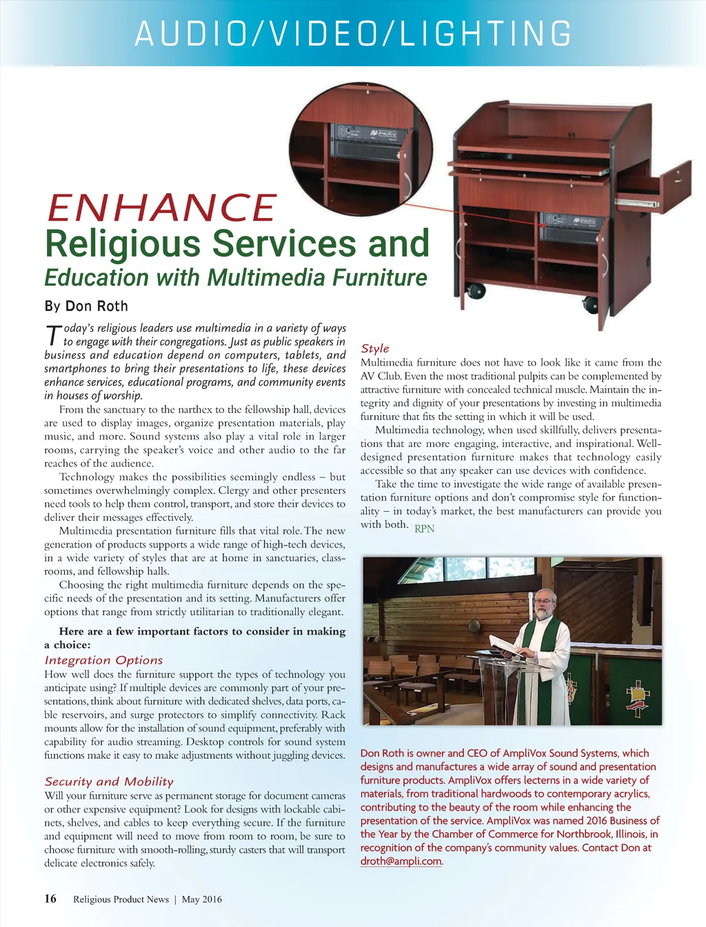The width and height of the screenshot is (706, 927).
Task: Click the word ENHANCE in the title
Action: point(161,208)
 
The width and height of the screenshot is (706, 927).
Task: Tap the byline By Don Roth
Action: point(86,306)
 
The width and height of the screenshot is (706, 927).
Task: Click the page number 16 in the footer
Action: point(50,898)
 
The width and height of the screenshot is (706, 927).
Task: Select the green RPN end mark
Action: point(425,529)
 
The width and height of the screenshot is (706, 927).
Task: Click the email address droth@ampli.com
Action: point(401,861)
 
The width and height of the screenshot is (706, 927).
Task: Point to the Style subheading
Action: point(375,348)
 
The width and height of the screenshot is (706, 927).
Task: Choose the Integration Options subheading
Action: point(103,660)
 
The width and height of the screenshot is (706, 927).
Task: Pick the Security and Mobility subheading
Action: point(109,781)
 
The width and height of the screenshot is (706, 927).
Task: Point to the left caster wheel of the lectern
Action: point(474,291)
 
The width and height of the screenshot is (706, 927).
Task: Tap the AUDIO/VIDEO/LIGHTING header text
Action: point(353,34)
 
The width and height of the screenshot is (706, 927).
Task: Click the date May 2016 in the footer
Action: point(201,899)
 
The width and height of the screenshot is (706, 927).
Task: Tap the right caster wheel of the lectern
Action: point(590,303)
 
